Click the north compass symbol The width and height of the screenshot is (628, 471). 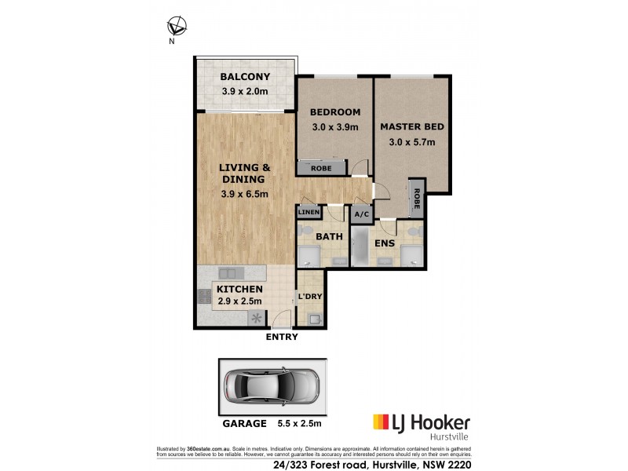tap(177, 27)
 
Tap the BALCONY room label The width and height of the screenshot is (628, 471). tap(244, 77)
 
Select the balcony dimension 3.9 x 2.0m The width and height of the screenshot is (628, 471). tap(244, 92)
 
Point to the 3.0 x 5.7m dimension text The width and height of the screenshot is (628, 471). tap(411, 143)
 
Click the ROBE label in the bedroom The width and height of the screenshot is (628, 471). tap(320, 168)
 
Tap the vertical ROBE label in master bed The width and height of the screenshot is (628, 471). tap(417, 199)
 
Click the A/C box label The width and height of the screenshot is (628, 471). tap(362, 214)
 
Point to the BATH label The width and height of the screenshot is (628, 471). tap(326, 235)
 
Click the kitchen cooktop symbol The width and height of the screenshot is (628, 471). tap(256, 318)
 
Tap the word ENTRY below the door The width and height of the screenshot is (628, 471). tap(282, 337)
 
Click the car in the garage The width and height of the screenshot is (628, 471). tap(271, 385)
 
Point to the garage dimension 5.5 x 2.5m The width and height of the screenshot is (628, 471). tap(301, 423)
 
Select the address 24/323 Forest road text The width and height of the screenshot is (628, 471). tap(350, 464)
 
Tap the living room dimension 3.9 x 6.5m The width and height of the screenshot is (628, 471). tap(244, 195)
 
